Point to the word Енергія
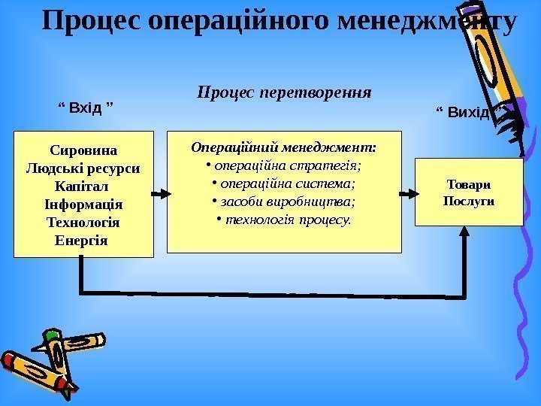(x=83, y=241)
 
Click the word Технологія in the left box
(x=83, y=223)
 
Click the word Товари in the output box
(x=468, y=183)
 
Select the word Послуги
(x=468, y=201)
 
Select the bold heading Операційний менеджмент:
(x=284, y=147)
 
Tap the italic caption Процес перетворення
(x=284, y=92)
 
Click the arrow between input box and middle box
(x=159, y=194)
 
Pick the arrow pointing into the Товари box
(x=408, y=194)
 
